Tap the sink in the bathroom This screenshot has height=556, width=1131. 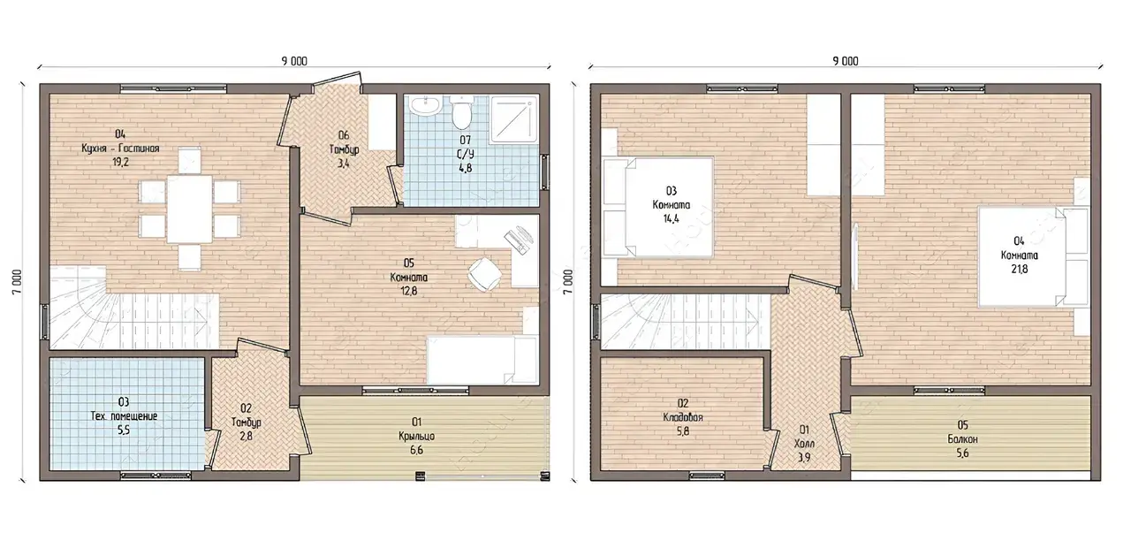(427, 106)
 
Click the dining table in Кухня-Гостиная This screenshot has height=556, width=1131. (190, 209)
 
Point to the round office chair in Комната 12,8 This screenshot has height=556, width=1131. (484, 274)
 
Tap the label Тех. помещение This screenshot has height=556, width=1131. (124, 416)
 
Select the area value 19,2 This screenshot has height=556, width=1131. (121, 163)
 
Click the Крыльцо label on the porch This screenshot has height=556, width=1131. (416, 436)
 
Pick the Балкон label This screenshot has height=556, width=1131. (962, 439)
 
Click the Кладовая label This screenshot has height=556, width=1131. (683, 417)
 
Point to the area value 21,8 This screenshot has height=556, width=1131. (1020, 270)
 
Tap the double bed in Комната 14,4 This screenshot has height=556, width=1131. (658, 207)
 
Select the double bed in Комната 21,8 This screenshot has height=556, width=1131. (1033, 256)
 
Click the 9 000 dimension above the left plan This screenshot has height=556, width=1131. (294, 61)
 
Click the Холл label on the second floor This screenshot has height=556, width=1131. (804, 444)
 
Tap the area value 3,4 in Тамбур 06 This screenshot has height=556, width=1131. (344, 164)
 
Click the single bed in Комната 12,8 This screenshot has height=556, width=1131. (482, 361)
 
